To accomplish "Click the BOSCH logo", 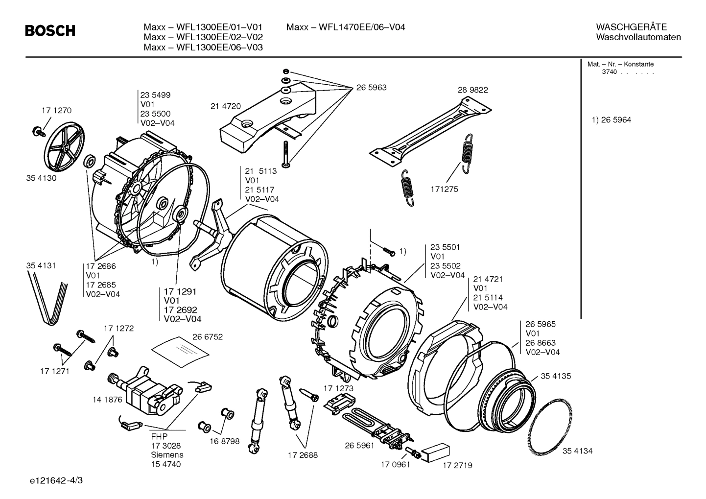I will pos(50,31).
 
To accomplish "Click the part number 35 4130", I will pos(41,178).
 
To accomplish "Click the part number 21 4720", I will pos(225,106).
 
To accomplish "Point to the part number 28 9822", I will pos(472,90).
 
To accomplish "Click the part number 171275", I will pos(444,189).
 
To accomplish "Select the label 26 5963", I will pos(371,88).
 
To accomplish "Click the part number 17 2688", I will pos(302,455).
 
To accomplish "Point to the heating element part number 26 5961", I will pos(359,445).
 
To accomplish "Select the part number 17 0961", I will pos(395,464).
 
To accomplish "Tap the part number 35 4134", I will pos(577,451).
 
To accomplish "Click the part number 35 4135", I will pos(556,376).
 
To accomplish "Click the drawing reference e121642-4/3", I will pos(56,480).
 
